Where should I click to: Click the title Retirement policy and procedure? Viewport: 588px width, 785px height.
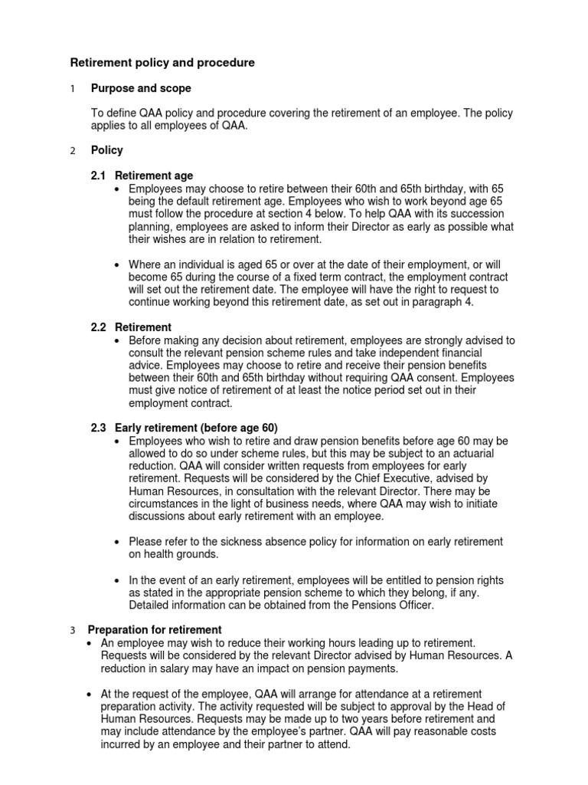point(162,63)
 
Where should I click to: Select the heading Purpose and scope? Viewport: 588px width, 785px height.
point(141,89)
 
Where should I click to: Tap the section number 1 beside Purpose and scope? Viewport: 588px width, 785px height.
point(73,90)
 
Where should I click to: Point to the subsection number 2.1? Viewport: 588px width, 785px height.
point(100,176)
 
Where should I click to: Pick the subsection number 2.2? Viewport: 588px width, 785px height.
point(100,327)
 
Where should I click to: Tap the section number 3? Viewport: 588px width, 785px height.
point(73,630)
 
